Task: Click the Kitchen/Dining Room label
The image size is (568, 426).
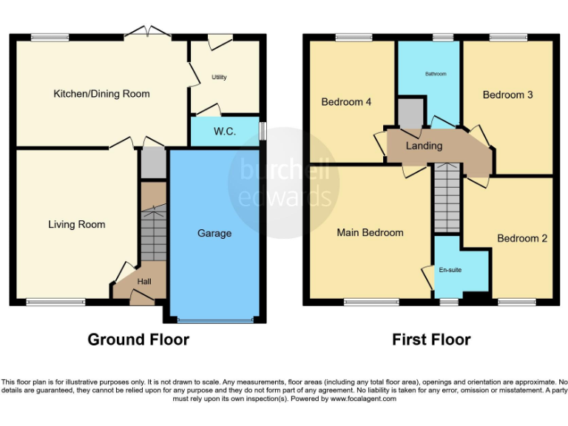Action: [x=101, y=94]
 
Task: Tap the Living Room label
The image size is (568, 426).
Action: [x=77, y=225]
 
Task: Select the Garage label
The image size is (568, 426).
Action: [x=214, y=234]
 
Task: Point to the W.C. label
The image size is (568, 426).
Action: [x=225, y=132]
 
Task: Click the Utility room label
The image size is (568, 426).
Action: [x=219, y=77]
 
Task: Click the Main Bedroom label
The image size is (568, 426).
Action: [x=370, y=232]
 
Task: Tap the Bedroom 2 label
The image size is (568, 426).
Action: [x=522, y=238]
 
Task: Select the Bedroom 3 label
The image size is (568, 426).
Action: [x=507, y=95]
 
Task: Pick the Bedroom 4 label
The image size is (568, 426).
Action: [x=346, y=102]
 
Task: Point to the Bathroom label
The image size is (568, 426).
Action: [x=436, y=74]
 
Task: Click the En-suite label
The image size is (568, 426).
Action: [x=450, y=270]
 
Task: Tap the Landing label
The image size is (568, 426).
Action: [x=425, y=146]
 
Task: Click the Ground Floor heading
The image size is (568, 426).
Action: [x=138, y=339]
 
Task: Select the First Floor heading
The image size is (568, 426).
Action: [x=431, y=339]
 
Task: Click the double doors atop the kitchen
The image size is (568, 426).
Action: [x=146, y=33]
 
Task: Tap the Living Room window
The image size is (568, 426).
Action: [x=55, y=302]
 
